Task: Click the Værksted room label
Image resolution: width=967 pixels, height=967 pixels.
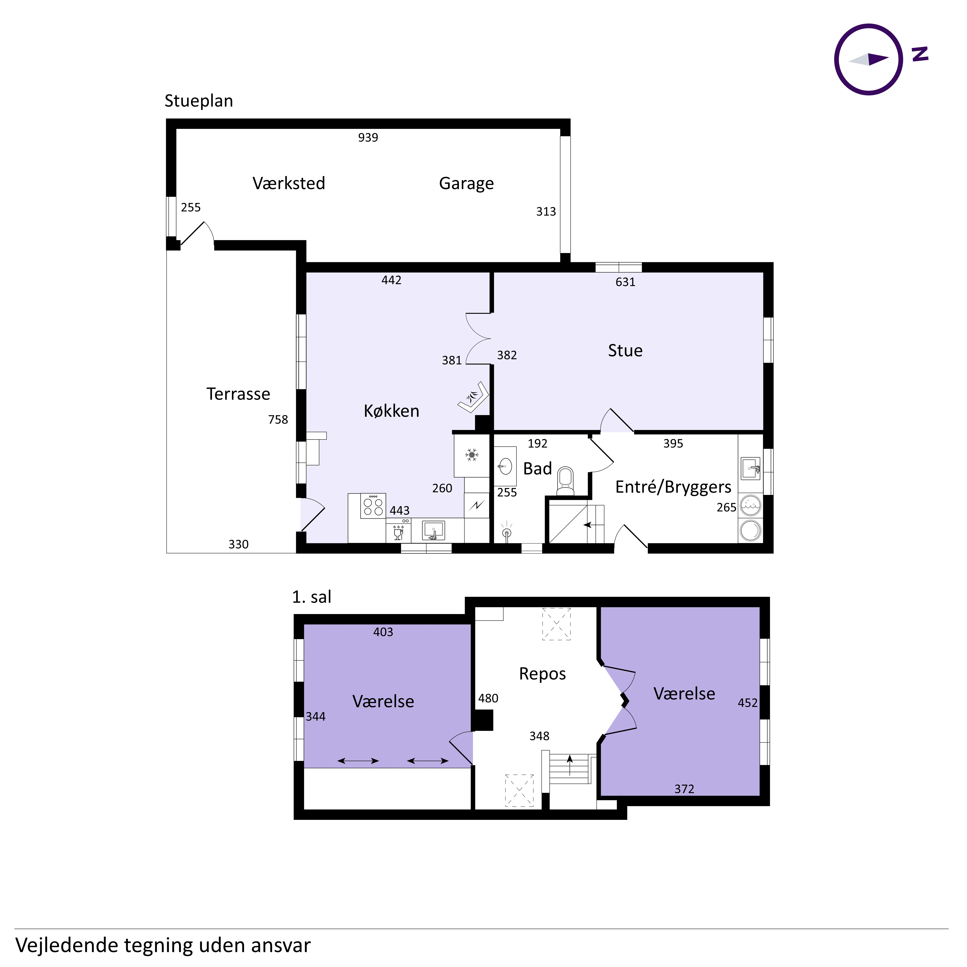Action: point(289,183)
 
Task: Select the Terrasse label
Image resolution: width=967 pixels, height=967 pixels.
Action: point(238,394)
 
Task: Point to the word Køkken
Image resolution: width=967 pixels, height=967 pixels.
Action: point(391,411)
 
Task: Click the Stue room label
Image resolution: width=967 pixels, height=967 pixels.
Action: point(625,350)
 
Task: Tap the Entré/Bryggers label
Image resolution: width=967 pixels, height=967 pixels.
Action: point(673,487)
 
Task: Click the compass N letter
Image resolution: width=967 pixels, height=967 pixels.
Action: point(920,54)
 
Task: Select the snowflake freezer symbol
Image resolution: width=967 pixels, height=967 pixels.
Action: point(471,455)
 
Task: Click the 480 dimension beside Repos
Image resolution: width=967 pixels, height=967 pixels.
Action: point(488,698)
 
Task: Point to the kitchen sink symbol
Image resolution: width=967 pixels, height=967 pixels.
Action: point(433,530)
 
